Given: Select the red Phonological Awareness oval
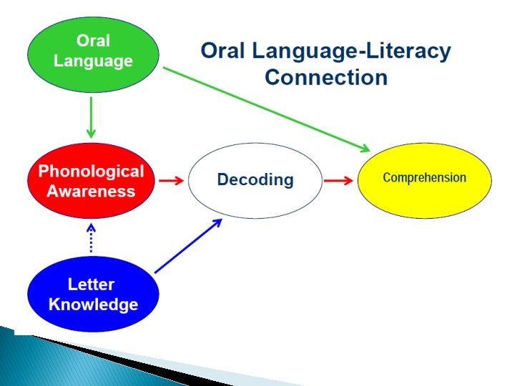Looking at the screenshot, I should [x=91, y=181].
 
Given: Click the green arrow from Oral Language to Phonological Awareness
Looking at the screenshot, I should [x=91, y=117].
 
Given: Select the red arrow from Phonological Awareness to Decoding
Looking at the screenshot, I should [x=171, y=181].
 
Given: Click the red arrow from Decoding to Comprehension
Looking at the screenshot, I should [x=338, y=181].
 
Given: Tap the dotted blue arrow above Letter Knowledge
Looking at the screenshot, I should [x=91, y=237].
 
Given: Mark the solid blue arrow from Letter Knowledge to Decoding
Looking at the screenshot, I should [x=188, y=246].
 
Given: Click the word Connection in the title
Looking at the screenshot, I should [x=325, y=76].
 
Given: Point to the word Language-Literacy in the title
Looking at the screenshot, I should [x=353, y=51].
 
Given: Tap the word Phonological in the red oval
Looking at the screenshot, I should [x=91, y=172].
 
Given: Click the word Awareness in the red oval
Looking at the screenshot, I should [x=91, y=191].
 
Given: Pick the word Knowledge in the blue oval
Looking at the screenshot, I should [x=93, y=305].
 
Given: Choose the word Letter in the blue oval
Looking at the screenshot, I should [x=92, y=284].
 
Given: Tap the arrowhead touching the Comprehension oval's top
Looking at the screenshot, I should [x=365, y=149].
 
